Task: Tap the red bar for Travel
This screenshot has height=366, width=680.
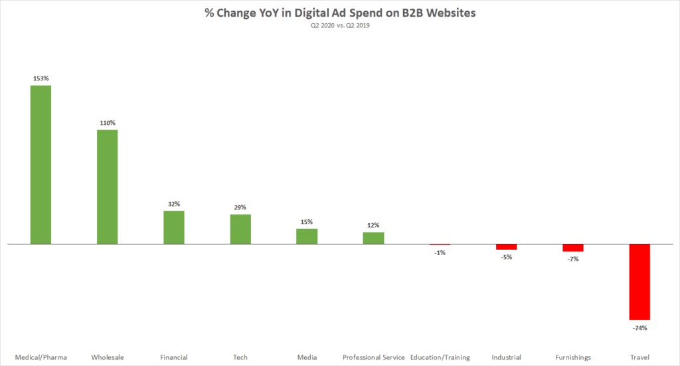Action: [x=639, y=282]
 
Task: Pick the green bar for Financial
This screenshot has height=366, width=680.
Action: [x=174, y=227]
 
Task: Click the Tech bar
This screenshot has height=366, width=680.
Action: [x=240, y=229]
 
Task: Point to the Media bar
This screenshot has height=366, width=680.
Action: [x=307, y=236]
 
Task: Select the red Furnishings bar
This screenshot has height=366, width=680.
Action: [x=573, y=248]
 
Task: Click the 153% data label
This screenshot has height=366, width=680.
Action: [x=41, y=78]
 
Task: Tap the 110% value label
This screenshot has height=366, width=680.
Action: [x=108, y=123]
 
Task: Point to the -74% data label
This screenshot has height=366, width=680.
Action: [x=639, y=328]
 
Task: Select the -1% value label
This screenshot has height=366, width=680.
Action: [x=440, y=253]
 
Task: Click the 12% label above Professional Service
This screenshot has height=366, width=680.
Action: [x=373, y=225]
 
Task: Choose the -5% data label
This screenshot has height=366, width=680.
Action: [x=506, y=257]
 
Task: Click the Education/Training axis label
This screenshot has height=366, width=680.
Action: [x=440, y=357]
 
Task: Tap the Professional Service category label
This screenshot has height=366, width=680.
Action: [x=373, y=357]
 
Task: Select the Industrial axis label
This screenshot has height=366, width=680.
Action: [x=506, y=357]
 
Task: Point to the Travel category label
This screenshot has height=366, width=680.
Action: [x=639, y=357]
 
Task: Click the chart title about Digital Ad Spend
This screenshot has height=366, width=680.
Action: [x=340, y=13]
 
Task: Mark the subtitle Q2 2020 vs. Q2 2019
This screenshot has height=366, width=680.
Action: [x=340, y=26]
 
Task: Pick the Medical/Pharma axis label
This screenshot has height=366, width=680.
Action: [x=41, y=357]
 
